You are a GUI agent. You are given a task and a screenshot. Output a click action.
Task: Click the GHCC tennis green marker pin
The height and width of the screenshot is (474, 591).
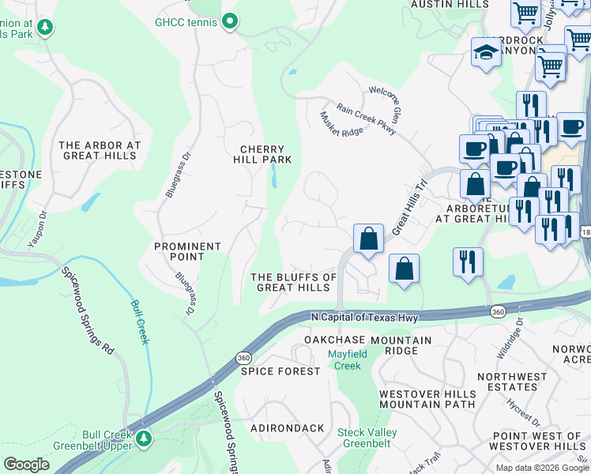[230, 21]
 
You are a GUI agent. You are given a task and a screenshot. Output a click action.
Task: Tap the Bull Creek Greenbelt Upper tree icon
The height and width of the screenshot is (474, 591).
[143, 438]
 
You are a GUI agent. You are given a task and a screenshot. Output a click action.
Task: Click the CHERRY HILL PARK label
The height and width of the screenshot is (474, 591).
[262, 154]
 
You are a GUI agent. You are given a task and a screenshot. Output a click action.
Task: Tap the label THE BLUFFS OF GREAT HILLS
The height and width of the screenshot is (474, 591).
[293, 282]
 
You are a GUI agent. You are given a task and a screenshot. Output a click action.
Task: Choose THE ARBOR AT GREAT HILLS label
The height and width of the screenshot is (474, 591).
[100, 150]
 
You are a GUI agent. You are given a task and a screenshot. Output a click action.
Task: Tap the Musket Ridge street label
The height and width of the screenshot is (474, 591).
[341, 123]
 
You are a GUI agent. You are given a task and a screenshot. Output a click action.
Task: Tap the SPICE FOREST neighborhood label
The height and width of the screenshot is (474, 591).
[269, 371]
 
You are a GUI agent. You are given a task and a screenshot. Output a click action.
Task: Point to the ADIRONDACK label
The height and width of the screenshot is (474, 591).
[287, 428]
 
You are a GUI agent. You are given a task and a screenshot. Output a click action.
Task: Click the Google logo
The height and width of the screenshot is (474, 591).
[26, 465]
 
